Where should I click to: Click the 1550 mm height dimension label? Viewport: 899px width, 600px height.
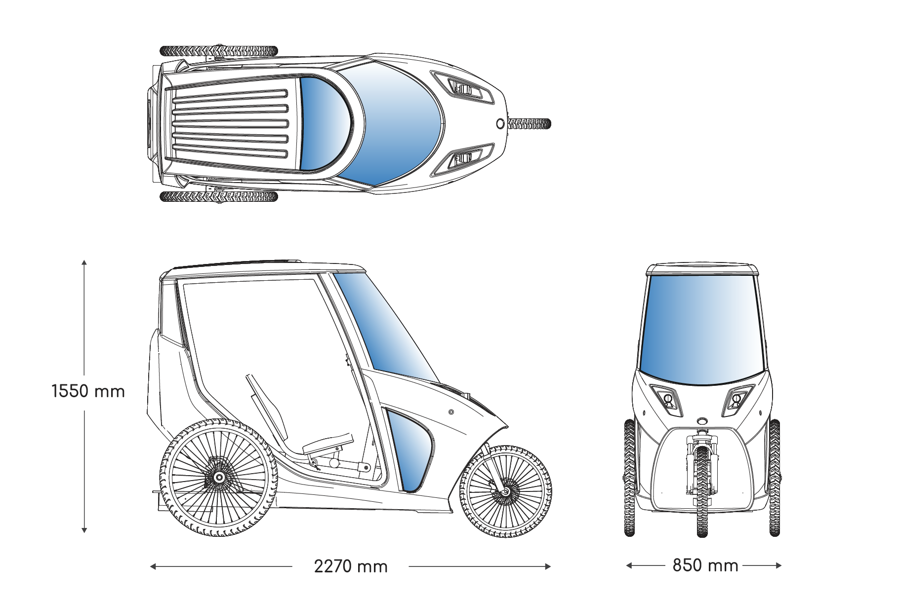88,391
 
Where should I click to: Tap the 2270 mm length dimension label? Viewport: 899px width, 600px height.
351,566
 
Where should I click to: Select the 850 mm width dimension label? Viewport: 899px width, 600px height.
705,565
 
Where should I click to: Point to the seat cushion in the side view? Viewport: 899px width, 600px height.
328,444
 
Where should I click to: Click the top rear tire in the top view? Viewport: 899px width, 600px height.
219,50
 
